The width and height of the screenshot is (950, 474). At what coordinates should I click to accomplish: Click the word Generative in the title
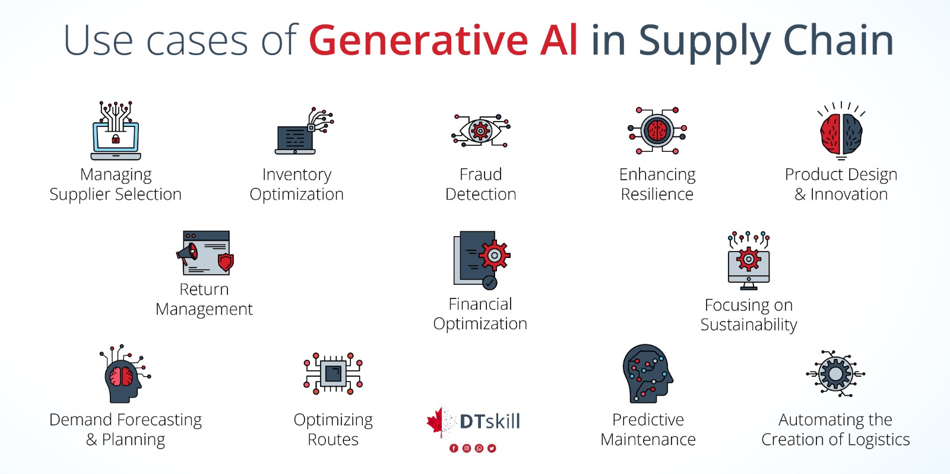click(418, 40)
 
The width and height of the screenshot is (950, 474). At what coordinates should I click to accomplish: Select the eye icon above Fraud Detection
click(480, 131)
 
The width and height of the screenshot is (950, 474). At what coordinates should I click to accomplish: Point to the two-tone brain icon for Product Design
click(841, 133)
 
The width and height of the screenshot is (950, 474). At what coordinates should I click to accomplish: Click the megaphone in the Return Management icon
click(188, 255)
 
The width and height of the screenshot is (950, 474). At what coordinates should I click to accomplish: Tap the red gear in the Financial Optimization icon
click(495, 256)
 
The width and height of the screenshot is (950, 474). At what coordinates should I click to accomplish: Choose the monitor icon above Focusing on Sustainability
click(749, 266)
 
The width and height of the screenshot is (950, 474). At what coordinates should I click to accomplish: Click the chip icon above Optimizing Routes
click(333, 373)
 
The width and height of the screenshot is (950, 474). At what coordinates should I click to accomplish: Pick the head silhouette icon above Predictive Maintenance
click(647, 374)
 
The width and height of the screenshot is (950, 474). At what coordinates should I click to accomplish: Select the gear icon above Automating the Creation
click(835, 374)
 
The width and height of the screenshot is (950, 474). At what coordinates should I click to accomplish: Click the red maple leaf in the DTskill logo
click(436, 421)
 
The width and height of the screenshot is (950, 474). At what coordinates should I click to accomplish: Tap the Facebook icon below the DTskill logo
click(454, 448)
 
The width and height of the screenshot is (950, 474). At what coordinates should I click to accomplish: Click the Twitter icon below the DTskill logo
click(492, 448)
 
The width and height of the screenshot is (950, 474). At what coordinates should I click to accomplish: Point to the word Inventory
click(297, 174)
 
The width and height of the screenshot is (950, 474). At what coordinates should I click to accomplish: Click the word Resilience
click(657, 194)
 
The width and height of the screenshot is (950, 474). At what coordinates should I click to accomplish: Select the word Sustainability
click(749, 325)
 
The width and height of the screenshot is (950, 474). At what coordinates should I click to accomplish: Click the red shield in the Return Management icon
click(226, 261)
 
